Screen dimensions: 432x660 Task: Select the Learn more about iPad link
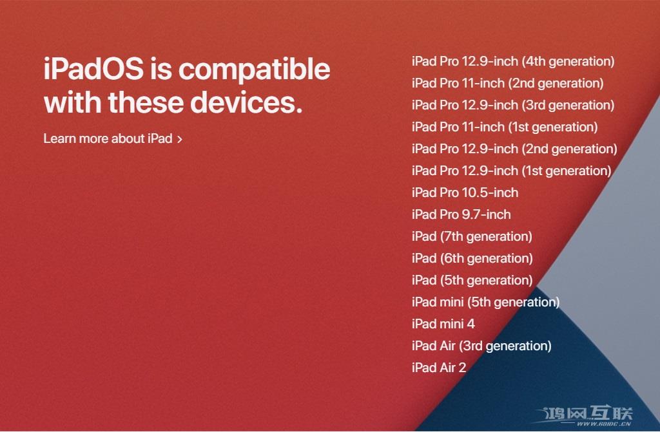click(x=108, y=138)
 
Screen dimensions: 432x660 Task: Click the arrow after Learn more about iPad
click(x=180, y=139)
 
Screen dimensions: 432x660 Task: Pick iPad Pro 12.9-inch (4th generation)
click(x=513, y=62)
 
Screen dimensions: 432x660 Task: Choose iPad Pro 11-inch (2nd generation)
click(x=507, y=84)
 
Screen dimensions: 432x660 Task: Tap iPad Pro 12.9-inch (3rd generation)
click(x=513, y=106)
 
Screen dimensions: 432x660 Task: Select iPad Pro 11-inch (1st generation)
click(x=505, y=127)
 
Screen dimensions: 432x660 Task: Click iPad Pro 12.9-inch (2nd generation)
click(x=514, y=149)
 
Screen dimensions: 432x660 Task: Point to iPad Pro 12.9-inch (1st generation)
click(x=511, y=171)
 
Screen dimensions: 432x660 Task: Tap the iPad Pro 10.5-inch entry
click(x=465, y=193)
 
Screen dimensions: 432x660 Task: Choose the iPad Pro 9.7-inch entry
click(x=461, y=215)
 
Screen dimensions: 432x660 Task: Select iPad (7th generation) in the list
click(x=472, y=237)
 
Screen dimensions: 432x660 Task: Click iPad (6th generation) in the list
click(x=472, y=259)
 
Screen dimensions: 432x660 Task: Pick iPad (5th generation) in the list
click(x=472, y=281)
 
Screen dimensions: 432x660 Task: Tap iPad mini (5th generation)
click(x=485, y=303)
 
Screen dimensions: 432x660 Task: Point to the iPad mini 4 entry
click(x=443, y=324)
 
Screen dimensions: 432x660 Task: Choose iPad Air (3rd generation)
click(x=481, y=346)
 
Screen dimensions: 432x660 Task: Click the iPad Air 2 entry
click(x=438, y=368)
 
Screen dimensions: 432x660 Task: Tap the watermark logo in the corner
click(x=588, y=417)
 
